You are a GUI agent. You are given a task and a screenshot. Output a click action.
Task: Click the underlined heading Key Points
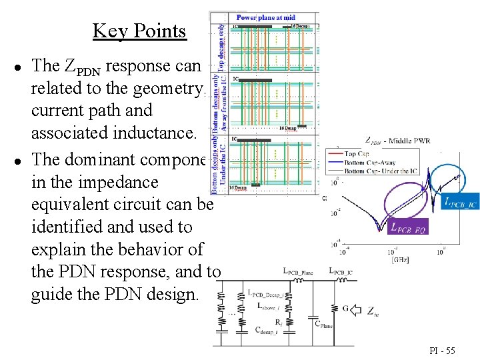click(139, 31)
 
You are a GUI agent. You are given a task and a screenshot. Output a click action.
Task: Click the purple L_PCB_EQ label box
click(407, 227)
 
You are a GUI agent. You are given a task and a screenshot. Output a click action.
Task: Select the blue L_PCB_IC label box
click(460, 202)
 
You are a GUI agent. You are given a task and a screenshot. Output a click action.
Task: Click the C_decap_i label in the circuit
click(271, 330)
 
